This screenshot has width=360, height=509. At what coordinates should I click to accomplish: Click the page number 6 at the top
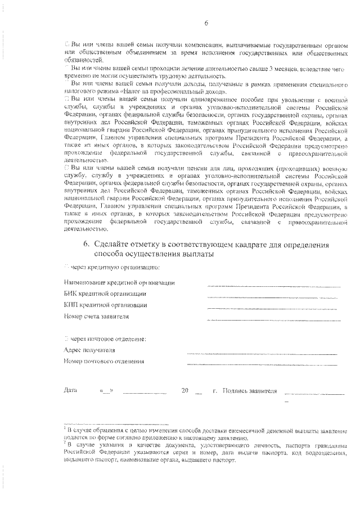tap(206, 22)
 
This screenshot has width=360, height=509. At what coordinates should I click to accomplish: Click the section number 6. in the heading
tap(87, 244)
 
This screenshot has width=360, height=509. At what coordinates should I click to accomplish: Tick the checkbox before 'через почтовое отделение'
tap(66, 339)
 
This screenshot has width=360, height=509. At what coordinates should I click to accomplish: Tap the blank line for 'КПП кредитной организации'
tap(274, 309)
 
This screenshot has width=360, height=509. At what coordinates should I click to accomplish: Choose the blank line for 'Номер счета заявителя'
tap(274, 320)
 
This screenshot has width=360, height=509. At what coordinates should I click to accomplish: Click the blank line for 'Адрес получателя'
tap(262, 354)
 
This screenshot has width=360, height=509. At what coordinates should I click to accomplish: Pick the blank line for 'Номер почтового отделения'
tap(262, 365)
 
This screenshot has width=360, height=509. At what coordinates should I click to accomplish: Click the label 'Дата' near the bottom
tap(70, 390)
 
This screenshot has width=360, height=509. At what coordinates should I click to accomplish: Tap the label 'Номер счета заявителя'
tap(97, 316)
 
